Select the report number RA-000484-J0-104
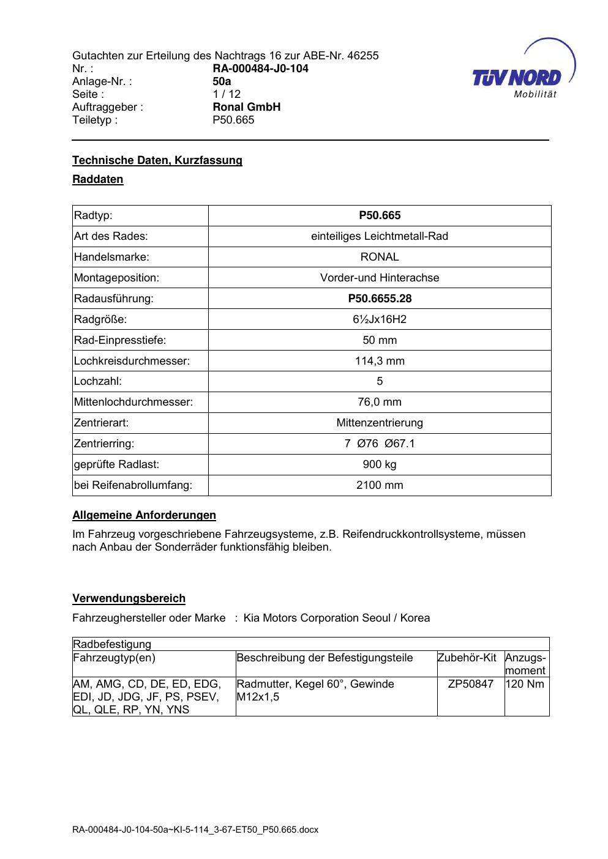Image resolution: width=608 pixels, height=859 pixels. coord(260,69)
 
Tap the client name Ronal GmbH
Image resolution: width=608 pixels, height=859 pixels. coord(246,107)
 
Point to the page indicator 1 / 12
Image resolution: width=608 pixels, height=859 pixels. coord(227,94)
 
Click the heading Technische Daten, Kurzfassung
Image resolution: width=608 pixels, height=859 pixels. coord(157,160)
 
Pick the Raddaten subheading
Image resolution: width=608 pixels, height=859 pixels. coord(98,179)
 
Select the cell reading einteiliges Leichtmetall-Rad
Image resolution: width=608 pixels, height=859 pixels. coord(380,236)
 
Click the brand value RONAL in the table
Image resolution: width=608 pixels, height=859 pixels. coord(380,257)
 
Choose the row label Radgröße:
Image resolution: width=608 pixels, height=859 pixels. coord(100,319)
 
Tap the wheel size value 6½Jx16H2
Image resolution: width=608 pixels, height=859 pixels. coord(380,319)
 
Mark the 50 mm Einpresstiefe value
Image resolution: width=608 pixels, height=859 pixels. coord(380,340)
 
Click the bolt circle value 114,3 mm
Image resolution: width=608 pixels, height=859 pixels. coord(380,361)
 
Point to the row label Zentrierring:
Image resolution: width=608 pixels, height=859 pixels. coord(104,444)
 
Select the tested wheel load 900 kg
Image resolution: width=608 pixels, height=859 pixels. coord(380,464)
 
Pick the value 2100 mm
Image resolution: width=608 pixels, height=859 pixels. coord(380,485)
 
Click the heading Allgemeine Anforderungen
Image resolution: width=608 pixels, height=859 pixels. coord(144,515)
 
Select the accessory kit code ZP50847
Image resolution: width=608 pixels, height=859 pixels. coord(470,684)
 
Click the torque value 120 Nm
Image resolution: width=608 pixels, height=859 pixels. coord(526,684)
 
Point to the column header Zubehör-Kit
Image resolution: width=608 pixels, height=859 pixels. coord(467,658)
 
